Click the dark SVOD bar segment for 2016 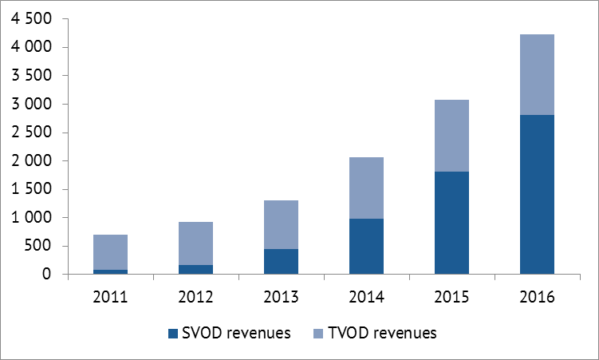537,194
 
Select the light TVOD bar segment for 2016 537,74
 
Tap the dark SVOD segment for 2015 451,223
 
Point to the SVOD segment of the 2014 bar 366,247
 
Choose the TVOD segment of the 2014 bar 366,188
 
